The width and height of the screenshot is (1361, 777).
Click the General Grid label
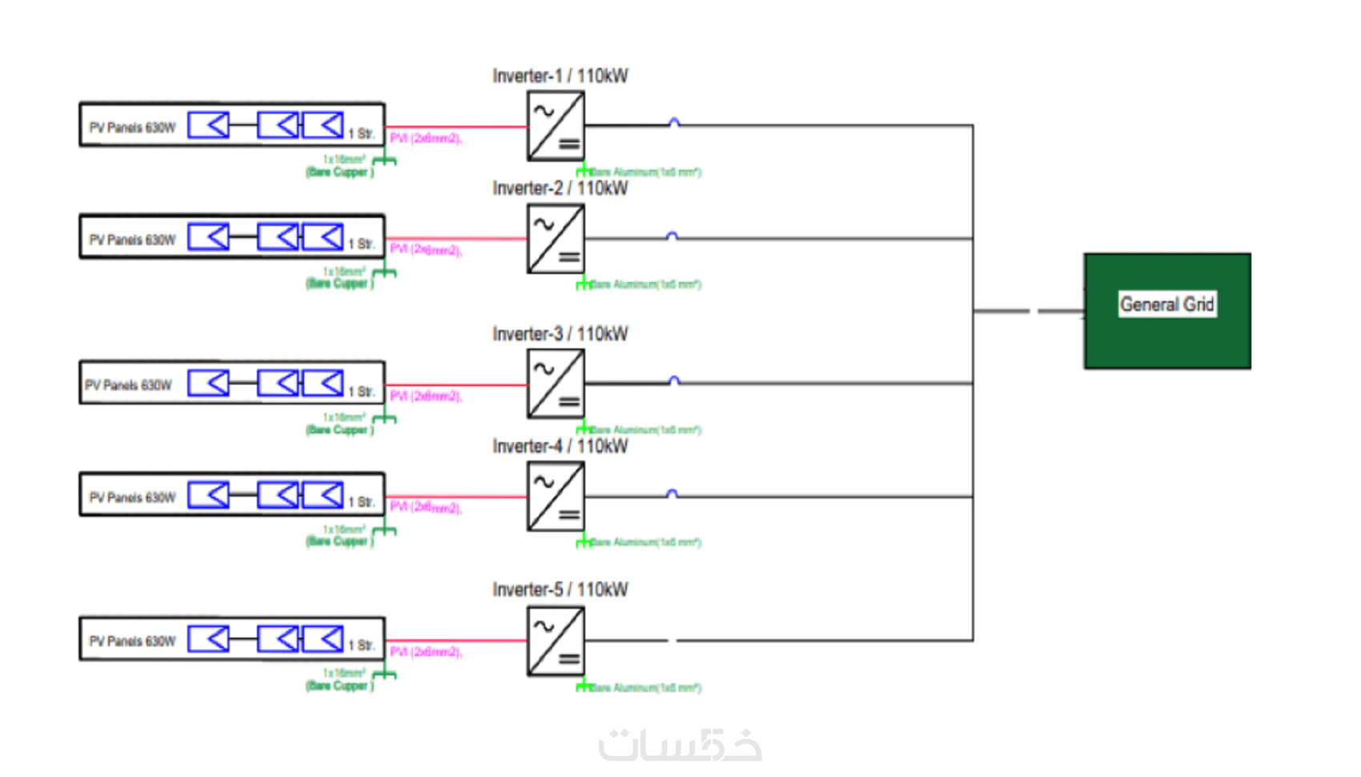click(x=1166, y=304)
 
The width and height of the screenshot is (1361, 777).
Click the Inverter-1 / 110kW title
click(x=560, y=76)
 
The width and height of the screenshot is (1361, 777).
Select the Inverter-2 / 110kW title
click(x=560, y=188)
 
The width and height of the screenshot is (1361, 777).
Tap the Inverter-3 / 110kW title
click(x=560, y=334)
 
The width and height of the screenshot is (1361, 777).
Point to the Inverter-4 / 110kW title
click(x=560, y=446)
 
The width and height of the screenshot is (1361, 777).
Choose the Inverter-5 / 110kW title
click(x=560, y=590)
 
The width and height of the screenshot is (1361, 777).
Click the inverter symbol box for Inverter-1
click(x=556, y=127)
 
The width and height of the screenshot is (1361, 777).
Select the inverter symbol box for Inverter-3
click(x=556, y=384)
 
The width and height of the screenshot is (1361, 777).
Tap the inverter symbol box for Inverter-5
click(x=556, y=641)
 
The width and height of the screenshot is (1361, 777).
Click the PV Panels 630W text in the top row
click(x=132, y=127)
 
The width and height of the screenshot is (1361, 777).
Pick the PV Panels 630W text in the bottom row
click(x=132, y=642)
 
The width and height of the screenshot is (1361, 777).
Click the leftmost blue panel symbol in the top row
click(x=208, y=125)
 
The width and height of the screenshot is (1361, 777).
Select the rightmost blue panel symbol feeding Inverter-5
click(x=323, y=639)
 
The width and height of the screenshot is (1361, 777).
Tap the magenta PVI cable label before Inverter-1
click(x=426, y=139)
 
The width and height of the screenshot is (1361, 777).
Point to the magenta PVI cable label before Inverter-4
click(x=426, y=507)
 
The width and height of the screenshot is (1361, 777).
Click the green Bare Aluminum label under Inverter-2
click(x=645, y=284)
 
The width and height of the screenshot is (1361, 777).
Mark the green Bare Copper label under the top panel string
click(x=339, y=172)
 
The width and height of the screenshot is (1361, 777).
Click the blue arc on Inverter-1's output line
click(x=674, y=123)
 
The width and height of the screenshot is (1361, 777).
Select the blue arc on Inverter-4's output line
click(x=672, y=493)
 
